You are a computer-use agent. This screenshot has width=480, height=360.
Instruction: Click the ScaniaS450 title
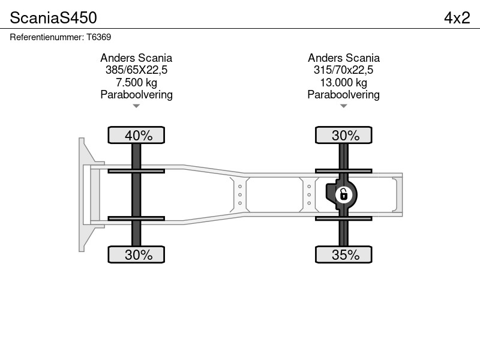pos(53,18)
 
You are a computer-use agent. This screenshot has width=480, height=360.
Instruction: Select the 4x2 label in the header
pos(457,18)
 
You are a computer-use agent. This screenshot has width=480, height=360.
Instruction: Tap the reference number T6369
pos(98,37)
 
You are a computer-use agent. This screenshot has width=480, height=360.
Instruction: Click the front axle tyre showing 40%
pos(136,135)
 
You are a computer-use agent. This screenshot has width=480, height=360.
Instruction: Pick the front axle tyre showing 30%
pos(136,254)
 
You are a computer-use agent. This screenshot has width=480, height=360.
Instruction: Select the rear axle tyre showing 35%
pos(343,254)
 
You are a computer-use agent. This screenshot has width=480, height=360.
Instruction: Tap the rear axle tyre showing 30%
pos(343,135)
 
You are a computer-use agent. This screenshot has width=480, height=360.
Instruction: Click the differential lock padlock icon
pos(344,194)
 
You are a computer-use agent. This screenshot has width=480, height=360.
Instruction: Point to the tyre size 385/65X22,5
pos(136,70)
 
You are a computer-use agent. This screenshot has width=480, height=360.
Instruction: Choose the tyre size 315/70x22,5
pos(343,70)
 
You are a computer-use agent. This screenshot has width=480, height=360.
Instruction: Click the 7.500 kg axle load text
pos(136,82)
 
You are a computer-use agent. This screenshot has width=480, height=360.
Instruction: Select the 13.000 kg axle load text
pos(343,82)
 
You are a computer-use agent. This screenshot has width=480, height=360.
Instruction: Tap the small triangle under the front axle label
pos(136,106)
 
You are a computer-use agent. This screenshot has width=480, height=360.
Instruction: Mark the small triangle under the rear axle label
pos(343,106)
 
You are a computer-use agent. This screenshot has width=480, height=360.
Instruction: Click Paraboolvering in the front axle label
pos(136,95)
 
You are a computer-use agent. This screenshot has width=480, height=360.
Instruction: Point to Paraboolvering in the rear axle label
pos(343,95)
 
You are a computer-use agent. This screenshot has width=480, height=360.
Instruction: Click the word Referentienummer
pos(47,37)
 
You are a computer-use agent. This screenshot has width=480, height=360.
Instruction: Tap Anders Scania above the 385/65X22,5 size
pos(136,58)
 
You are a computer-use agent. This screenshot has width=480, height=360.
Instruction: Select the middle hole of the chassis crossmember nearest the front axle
pos(239,194)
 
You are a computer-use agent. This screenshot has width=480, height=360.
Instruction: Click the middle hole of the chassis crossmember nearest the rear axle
pos(309,194)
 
